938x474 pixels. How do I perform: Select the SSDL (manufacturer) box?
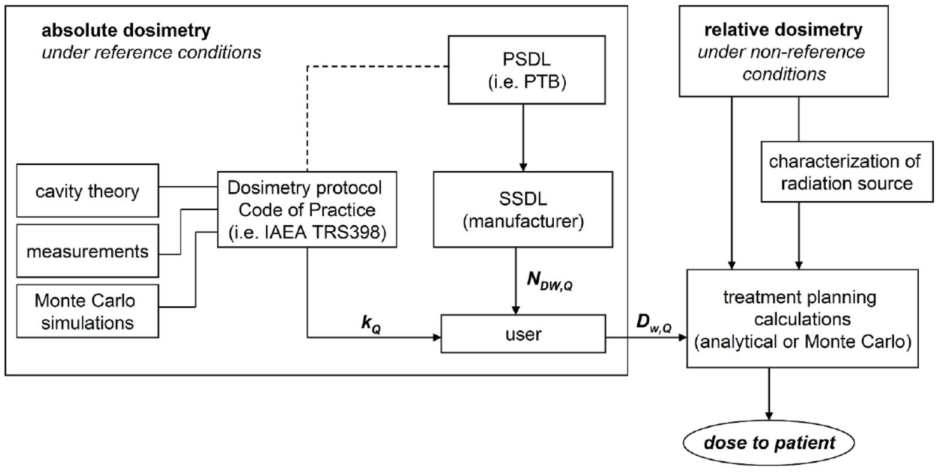pos(523,209)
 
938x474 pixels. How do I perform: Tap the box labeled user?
pos(523,333)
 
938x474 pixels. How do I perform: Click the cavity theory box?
pos(88,190)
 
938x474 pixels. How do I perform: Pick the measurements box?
pos(88,251)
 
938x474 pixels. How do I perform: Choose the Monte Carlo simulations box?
pos(88,311)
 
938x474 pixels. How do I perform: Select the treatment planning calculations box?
pos(802,319)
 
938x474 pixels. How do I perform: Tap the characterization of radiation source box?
pos(847,171)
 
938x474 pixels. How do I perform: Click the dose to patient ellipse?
pos(769,443)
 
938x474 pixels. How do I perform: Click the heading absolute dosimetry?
pos(126,31)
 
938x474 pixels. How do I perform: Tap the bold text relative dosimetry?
pos(783,29)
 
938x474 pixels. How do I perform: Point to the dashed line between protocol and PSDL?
pos(307,120)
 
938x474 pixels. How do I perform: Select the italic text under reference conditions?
pos(151,52)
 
